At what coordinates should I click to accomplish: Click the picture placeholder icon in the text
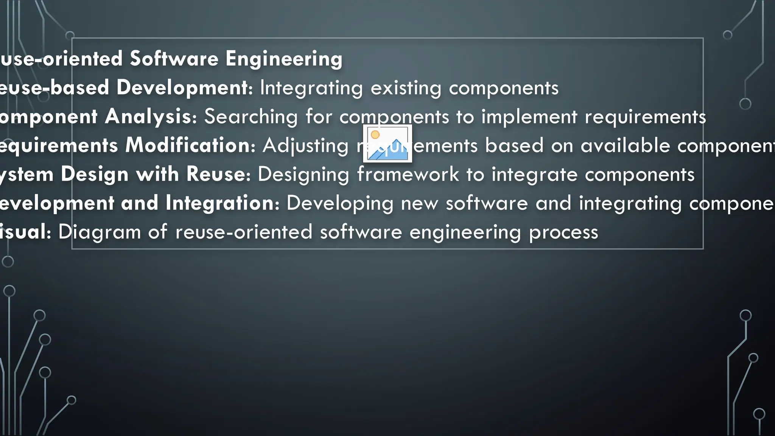(x=387, y=143)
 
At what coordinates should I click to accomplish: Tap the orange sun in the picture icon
(x=375, y=135)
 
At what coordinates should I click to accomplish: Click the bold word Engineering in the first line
(x=284, y=59)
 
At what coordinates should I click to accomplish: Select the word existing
(x=406, y=88)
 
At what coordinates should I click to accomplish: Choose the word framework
(x=408, y=174)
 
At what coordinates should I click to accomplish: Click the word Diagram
(x=99, y=232)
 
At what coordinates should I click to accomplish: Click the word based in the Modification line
(x=514, y=146)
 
